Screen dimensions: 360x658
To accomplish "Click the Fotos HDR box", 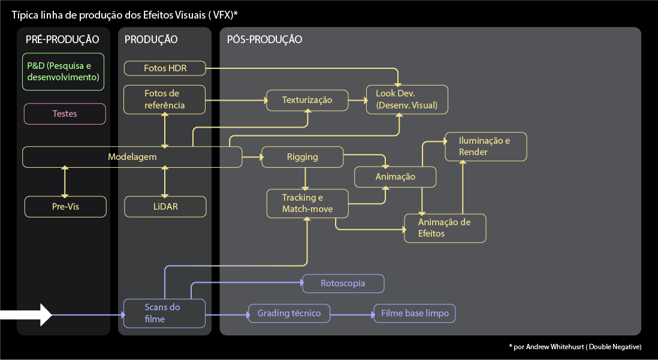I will click(165, 68).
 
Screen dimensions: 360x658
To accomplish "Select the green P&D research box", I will click(64, 72).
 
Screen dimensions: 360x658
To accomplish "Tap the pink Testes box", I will click(65, 114).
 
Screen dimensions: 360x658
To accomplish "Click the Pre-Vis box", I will click(65, 207).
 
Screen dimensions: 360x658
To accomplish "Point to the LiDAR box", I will click(165, 207).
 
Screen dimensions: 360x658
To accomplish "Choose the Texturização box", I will click(307, 100).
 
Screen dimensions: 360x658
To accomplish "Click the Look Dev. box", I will click(407, 100).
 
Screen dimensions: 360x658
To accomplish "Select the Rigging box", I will click(303, 157).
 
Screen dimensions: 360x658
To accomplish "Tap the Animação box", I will click(396, 177).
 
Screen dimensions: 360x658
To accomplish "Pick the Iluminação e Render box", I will click(485, 147).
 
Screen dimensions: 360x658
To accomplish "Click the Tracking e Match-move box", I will click(307, 203).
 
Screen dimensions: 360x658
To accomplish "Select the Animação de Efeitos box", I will click(445, 228).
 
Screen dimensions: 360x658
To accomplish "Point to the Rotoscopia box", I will click(343, 283).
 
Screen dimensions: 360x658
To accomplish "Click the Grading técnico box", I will click(289, 313).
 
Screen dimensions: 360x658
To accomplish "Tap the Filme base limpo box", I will click(415, 313).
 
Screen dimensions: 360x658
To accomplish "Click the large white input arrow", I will click(27, 314).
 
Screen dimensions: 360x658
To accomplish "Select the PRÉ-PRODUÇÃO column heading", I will click(62, 40).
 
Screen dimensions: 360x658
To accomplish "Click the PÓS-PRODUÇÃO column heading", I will click(264, 40).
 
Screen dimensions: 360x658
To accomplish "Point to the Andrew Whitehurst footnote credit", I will click(575, 347).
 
